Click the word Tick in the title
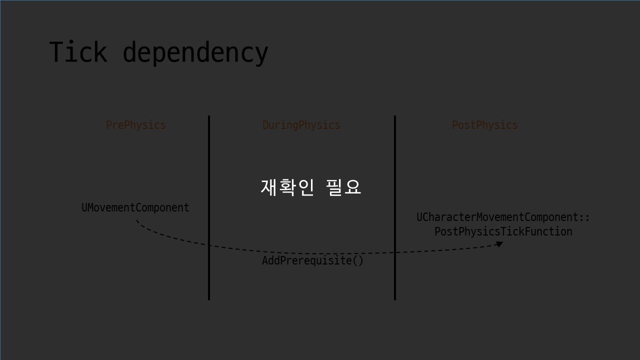coord(77,52)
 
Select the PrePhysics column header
coord(135,125)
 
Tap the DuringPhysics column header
coord(301,125)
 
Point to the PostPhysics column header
coord(484,125)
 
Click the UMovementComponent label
coord(135,207)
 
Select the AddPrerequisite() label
coord(312,260)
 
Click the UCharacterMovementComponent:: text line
coord(503,217)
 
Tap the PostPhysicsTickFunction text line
coord(503,231)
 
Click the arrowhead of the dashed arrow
coord(499,244)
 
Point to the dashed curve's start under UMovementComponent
coord(137,221)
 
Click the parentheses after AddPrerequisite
coord(358,260)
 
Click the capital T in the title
coord(56,52)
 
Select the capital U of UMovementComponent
coord(84,207)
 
